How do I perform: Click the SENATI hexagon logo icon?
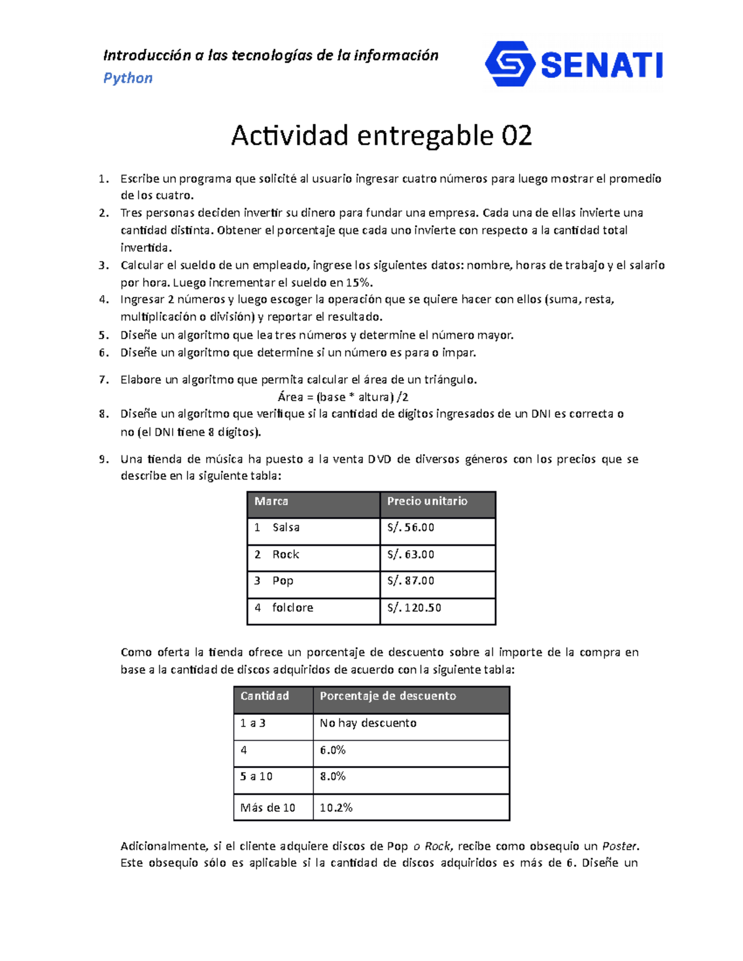[x=510, y=64]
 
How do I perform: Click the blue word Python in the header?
[x=128, y=78]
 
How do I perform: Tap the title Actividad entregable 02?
[x=381, y=136]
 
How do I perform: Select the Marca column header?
[x=271, y=501]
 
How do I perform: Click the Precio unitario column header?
[x=427, y=501]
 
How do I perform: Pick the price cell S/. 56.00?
[x=411, y=528]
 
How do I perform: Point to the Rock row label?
[x=285, y=554]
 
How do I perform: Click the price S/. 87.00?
[x=411, y=581]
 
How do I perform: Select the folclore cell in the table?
[x=292, y=608]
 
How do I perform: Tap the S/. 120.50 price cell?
[x=414, y=608]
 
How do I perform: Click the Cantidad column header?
[x=264, y=696]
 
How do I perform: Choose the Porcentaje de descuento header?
[x=388, y=696]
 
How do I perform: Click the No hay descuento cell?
[x=368, y=723]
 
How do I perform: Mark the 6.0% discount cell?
[x=332, y=750]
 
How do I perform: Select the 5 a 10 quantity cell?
[x=256, y=777]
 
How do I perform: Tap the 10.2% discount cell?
[x=336, y=808]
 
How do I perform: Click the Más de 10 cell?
[x=267, y=808]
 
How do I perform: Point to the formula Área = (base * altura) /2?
[x=343, y=397]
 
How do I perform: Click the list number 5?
[x=103, y=335]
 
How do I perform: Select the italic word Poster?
[x=620, y=847]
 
